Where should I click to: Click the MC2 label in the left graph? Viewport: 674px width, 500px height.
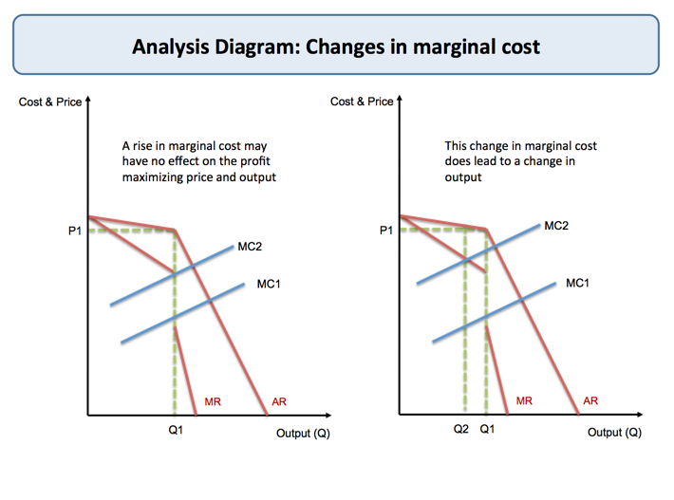250,247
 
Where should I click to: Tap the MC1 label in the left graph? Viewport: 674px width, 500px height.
269,284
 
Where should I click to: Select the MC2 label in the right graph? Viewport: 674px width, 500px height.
556,226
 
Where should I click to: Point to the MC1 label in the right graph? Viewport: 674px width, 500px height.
577,283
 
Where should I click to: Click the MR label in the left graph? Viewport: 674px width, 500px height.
213,402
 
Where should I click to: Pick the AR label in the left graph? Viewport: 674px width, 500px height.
279,402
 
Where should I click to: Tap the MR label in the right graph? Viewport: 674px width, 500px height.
524,401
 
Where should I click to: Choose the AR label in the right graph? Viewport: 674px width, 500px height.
590,401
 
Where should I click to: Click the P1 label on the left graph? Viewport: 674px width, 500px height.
75,231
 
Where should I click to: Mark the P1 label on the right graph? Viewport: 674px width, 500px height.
385,231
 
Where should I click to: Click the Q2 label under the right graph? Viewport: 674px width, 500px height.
460,430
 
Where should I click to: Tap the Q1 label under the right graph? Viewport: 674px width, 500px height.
487,430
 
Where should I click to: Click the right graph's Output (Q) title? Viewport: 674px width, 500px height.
614,433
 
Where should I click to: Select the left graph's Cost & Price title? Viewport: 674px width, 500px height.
50,102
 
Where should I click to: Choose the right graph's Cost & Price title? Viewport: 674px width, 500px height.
362,102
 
